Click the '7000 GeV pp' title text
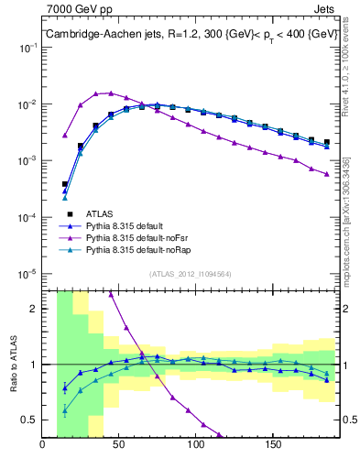coord(76,9)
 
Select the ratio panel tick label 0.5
coord(29,420)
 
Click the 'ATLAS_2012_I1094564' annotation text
coord(189,274)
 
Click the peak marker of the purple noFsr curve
coord(111,93)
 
